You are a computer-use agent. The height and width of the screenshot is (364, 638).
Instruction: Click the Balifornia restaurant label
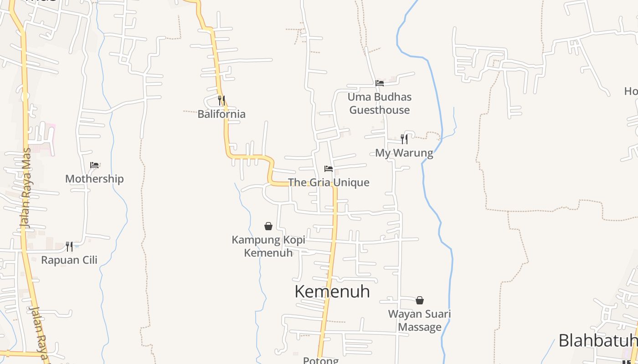pos(221,114)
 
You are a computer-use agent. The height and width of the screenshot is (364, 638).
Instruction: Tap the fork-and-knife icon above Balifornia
pos(221,100)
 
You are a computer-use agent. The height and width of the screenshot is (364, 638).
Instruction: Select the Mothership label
pos(94,179)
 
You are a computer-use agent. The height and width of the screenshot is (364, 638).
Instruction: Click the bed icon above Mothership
pos(94,165)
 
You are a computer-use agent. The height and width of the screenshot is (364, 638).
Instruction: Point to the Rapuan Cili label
pos(69,260)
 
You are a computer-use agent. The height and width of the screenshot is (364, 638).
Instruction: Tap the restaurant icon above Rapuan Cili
pos(69,246)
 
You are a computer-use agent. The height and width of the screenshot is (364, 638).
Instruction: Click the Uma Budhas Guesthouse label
pos(380,103)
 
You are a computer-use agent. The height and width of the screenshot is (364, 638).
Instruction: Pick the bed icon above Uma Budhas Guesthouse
pos(380,83)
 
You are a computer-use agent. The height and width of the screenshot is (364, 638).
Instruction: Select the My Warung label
pos(404,153)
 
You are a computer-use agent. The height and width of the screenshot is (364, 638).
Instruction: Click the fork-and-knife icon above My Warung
pos(404,139)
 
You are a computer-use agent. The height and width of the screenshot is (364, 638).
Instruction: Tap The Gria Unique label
pos(329,182)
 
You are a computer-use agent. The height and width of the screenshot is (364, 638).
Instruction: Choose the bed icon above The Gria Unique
pos(329,169)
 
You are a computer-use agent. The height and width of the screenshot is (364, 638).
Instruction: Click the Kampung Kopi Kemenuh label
pos(268,246)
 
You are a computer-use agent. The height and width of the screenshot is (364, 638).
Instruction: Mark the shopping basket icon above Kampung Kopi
pos(268,226)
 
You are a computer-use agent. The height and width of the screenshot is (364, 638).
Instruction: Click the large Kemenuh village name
pos(332,291)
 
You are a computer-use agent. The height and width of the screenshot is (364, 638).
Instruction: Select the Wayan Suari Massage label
pos(420,320)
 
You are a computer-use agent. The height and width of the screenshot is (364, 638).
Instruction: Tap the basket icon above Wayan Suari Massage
pos(420,300)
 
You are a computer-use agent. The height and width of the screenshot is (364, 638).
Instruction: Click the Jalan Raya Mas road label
pos(26,187)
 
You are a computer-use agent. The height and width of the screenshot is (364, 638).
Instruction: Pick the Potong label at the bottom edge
pos(321,360)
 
